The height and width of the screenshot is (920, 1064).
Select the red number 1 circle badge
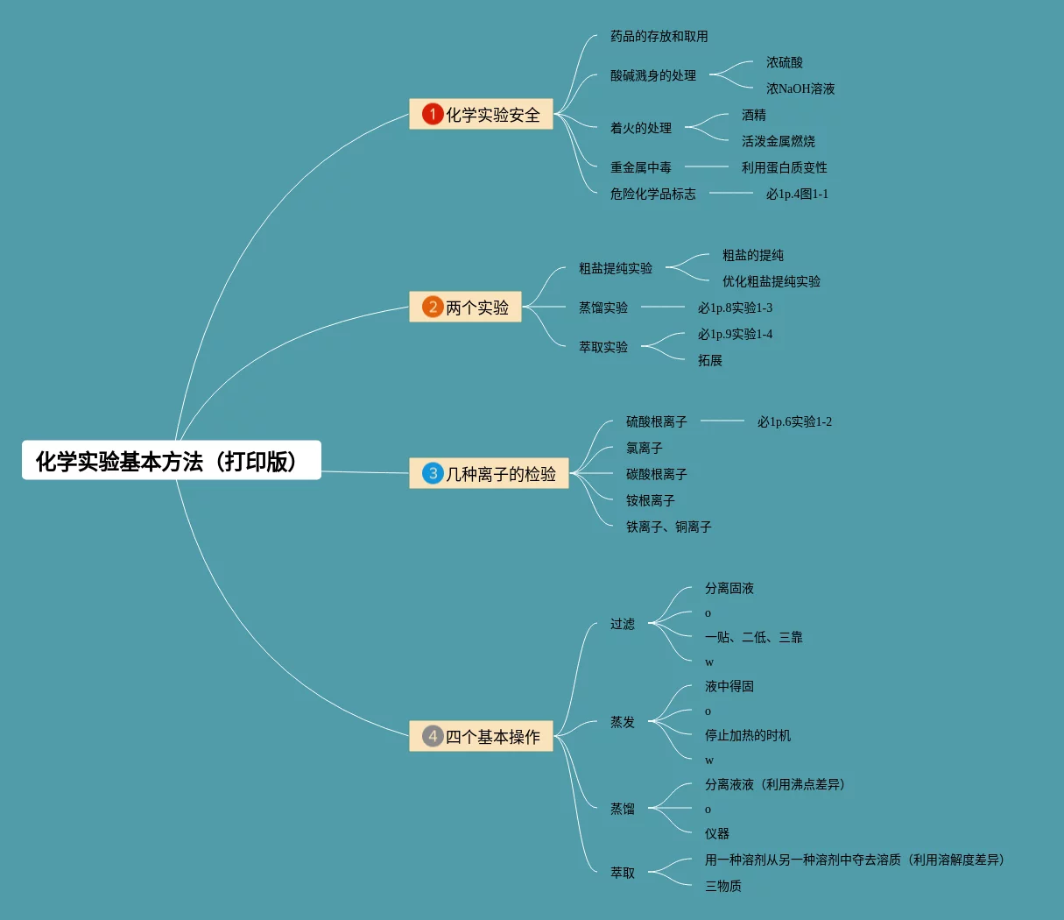coord(433,114)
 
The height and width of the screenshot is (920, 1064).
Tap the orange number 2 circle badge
coord(433,307)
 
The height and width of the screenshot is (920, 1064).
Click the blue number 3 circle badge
coord(433,473)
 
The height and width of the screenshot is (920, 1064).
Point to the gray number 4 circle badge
coord(433,736)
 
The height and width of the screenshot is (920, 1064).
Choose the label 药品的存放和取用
coord(659,36)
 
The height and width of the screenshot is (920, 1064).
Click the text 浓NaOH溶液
coord(800,88)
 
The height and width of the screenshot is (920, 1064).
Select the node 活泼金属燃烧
coord(778,141)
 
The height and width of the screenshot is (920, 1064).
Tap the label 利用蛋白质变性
coord(784,167)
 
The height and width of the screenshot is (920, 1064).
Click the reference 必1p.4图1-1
coord(796,194)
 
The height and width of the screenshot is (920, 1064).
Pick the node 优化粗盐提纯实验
coord(771,281)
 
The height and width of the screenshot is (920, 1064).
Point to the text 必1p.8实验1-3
coord(735,308)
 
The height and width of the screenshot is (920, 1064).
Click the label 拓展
coord(709,360)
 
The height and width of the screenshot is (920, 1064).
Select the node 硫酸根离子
coord(656,421)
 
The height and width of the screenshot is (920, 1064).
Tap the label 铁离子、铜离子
coord(668,527)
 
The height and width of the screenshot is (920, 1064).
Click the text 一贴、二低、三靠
coord(753,637)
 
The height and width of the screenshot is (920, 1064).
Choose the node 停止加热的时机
coord(747,735)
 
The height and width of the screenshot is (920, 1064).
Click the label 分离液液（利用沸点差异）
coord(775,784)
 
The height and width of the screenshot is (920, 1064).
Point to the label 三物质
coord(722,886)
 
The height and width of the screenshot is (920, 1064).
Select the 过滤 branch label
coord(622,624)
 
